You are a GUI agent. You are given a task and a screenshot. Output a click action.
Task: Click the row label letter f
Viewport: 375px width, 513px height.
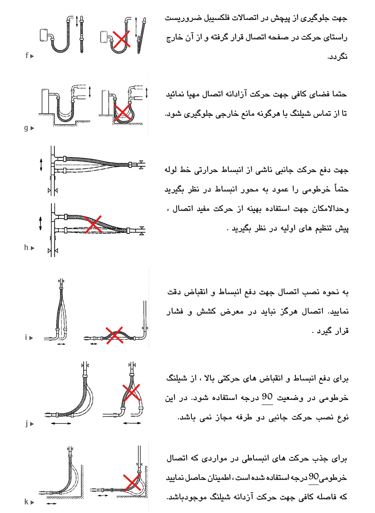[x=27, y=55]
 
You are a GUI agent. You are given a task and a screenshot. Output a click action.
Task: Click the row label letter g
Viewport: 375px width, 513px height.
[x=26, y=128]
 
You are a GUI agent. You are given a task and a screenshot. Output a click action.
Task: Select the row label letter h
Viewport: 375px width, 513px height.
[x=26, y=247]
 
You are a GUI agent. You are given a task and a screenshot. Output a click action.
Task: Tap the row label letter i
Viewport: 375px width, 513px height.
[x=26, y=338]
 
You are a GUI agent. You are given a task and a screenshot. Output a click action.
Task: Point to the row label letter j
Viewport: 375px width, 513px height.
[x=27, y=423]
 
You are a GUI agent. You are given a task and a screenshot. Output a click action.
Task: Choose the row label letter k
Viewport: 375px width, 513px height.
[x=26, y=502]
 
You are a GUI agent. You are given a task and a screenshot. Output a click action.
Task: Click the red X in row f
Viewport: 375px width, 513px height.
[x=121, y=39]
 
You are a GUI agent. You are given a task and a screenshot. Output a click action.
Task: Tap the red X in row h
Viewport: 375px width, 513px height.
[x=93, y=224]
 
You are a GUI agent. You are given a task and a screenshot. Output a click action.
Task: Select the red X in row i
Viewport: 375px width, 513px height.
[x=114, y=335]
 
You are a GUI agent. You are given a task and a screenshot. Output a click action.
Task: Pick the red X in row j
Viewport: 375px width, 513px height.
[x=131, y=392]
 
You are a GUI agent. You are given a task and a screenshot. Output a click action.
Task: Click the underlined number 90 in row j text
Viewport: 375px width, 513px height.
[x=267, y=397]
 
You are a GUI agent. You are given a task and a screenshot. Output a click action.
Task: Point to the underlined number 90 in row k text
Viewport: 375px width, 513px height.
[x=313, y=477]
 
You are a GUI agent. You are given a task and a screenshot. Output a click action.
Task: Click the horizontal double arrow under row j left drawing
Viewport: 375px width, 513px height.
[x=61, y=423]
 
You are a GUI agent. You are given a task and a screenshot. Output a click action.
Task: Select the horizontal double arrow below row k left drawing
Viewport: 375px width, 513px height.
[x=51, y=504]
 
